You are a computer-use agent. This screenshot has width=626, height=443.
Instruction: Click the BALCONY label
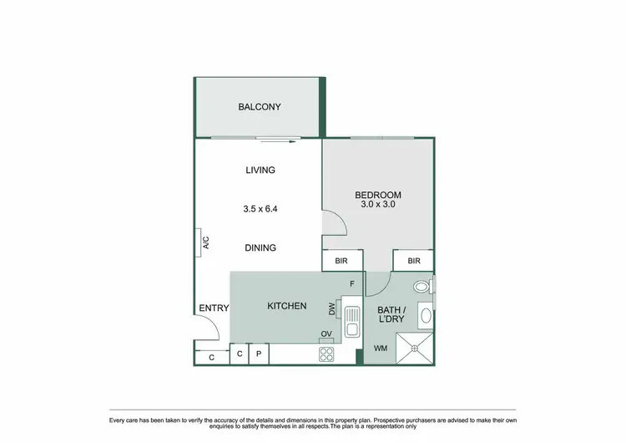(x=259, y=107)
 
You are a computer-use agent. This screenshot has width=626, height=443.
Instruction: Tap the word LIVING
(x=260, y=171)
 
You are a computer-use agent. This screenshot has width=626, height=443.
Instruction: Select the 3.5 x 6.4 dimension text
(x=260, y=209)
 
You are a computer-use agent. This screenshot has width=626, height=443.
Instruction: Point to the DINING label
(x=260, y=248)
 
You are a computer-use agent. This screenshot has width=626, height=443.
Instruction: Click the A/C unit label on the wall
(x=204, y=244)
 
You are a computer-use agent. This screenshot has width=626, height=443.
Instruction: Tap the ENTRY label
(x=214, y=308)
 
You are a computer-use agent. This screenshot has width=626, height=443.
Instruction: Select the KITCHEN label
(x=286, y=307)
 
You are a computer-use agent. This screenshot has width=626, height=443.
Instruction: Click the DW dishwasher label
(x=331, y=310)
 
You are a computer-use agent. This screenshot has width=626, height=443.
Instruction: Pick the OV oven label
(x=326, y=335)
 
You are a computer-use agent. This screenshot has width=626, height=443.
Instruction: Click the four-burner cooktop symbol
(x=326, y=354)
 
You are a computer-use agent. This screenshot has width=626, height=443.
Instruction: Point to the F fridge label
(x=352, y=284)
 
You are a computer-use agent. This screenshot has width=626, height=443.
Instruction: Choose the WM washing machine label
(x=380, y=349)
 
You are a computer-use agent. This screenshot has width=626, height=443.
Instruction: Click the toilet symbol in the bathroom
(x=423, y=286)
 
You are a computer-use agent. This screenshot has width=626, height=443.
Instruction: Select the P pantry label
(x=259, y=354)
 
